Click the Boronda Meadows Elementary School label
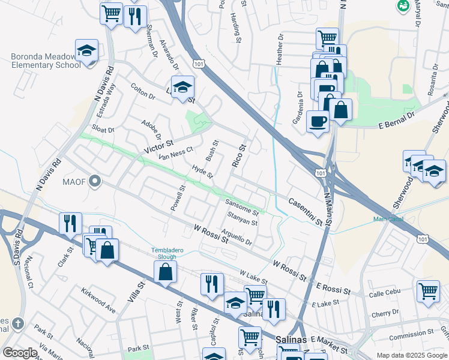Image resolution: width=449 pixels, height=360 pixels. (x=46, y=61)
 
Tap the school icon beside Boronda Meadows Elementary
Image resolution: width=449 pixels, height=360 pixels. (x=86, y=51)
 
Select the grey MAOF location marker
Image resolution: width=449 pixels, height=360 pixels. (x=94, y=181)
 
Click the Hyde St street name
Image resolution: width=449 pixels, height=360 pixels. (x=202, y=172)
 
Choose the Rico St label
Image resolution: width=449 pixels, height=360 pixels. (x=239, y=155)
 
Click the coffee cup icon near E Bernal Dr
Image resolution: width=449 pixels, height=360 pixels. (x=318, y=121)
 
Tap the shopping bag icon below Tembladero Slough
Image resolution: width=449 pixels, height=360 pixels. (x=165, y=272)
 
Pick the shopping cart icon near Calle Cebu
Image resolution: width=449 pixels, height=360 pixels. (x=428, y=291)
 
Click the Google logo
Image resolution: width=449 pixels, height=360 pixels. (x=19, y=353)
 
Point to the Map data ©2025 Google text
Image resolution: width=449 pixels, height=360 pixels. (x=411, y=355)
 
